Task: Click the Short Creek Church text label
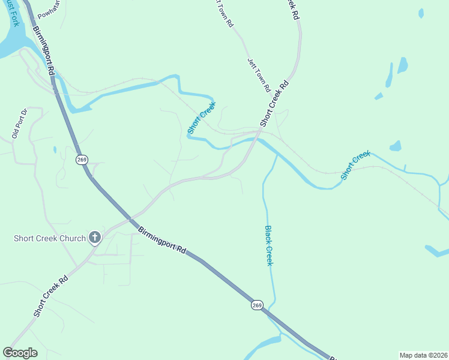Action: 50,238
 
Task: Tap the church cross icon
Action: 94,238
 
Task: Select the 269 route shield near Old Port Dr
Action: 82,160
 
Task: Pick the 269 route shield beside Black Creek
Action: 256,305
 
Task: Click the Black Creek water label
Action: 270,245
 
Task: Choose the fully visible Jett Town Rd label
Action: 259,75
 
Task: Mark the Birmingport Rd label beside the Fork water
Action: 44,51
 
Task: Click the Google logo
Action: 20,353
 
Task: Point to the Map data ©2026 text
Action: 423,355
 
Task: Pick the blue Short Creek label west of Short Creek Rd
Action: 201,118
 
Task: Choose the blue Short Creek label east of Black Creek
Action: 356,166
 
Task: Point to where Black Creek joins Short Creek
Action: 276,154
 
